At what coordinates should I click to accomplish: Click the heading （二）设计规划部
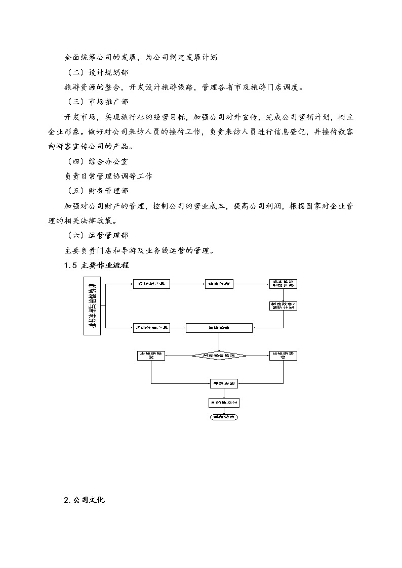[98, 72]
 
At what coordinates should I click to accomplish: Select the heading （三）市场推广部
[98, 102]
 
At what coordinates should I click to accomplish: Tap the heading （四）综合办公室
[98, 161]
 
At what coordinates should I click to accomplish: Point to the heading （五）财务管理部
[98, 191]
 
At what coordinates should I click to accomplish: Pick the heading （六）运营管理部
[98, 235]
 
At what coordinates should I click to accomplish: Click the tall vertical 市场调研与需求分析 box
[93, 306]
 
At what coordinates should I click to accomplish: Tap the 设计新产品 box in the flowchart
[151, 284]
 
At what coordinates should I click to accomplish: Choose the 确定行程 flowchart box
[219, 284]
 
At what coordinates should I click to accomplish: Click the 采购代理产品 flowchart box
[151, 328]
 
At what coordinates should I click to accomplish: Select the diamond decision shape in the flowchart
[219, 356]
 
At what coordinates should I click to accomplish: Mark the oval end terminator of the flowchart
[223, 417]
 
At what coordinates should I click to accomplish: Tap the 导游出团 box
[223, 384]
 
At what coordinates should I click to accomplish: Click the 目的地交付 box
[223, 403]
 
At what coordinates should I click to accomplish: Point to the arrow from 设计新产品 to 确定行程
[187, 284]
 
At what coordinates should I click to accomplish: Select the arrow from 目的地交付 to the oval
[223, 411]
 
